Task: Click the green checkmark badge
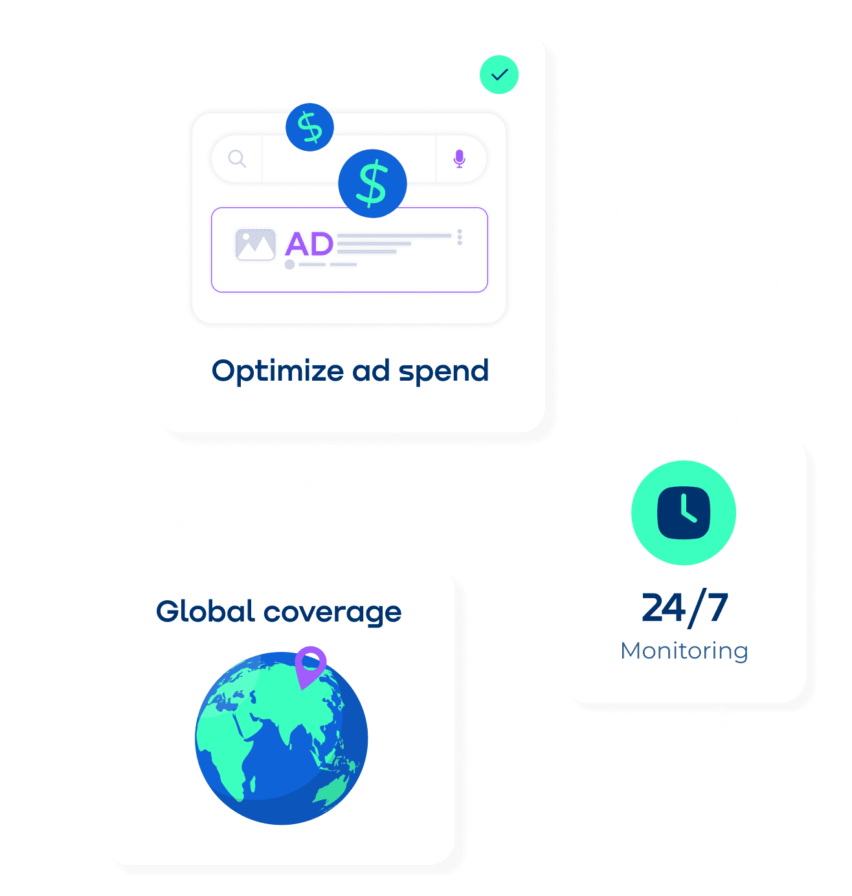499,74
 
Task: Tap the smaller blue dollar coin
309,127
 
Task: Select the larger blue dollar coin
372,183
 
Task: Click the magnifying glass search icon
237,159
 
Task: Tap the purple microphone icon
459,159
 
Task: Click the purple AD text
309,244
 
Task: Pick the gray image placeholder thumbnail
255,245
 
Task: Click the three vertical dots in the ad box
460,237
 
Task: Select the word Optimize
278,372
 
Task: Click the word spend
443,370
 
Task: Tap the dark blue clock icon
683,513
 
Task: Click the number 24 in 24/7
663,607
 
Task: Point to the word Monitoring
684,651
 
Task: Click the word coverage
333,613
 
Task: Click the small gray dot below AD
289,264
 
